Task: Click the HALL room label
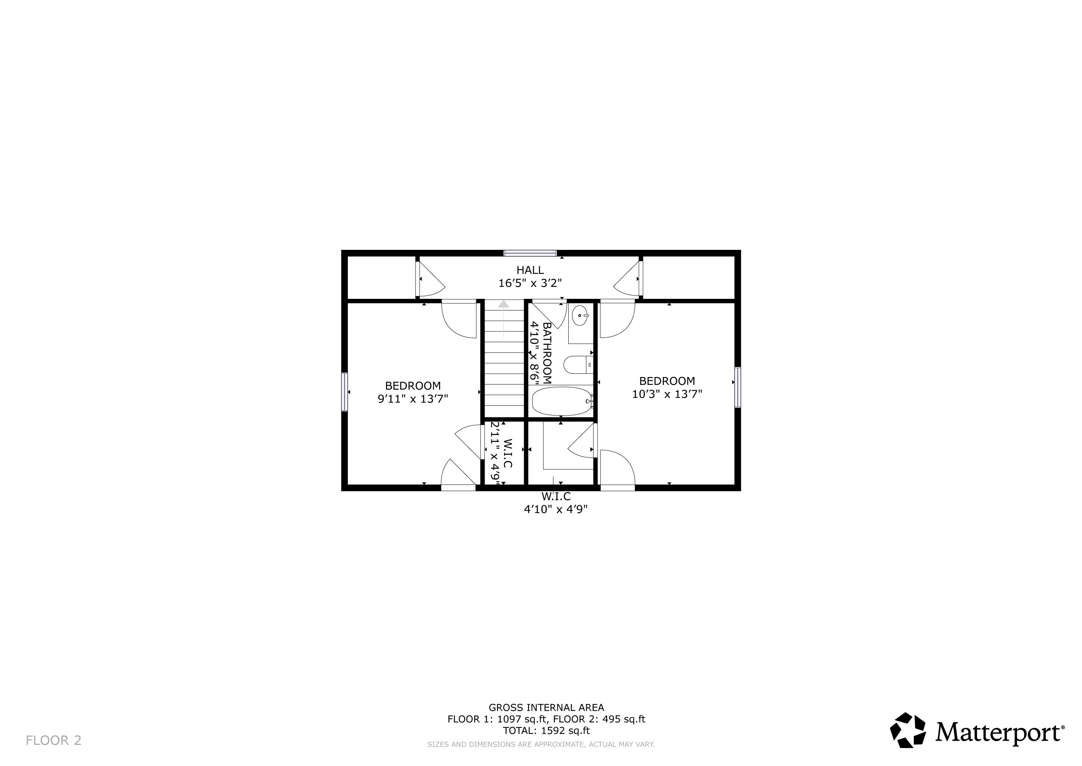pyautogui.click(x=530, y=270)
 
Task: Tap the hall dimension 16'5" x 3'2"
pyautogui.click(x=530, y=283)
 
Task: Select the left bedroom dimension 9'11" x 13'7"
pyautogui.click(x=413, y=399)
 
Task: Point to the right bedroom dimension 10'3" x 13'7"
pyautogui.click(x=667, y=394)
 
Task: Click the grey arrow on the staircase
pyautogui.click(x=504, y=319)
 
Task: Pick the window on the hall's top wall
pyautogui.click(x=530, y=253)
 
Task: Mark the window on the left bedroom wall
pyautogui.click(x=344, y=392)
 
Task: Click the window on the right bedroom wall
pyautogui.click(x=738, y=387)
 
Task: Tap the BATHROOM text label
pyautogui.click(x=547, y=353)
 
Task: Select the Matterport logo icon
pyautogui.click(x=908, y=730)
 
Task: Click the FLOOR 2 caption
pyautogui.click(x=53, y=741)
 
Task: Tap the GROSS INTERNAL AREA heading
pyautogui.click(x=546, y=708)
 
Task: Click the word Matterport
pyautogui.click(x=998, y=732)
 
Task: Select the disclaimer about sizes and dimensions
pyautogui.click(x=541, y=744)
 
